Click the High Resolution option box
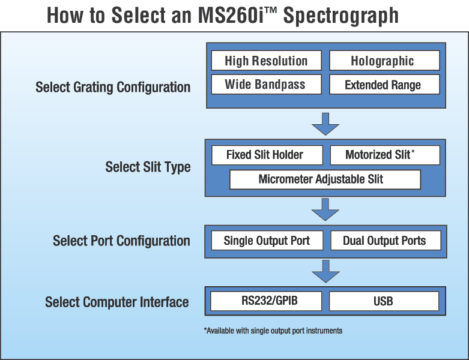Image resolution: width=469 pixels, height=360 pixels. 266,61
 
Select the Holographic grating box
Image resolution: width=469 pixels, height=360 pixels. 384,61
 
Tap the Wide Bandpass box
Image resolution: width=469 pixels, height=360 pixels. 266,85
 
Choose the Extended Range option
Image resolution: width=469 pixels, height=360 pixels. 384,85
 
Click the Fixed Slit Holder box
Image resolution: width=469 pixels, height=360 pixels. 267,155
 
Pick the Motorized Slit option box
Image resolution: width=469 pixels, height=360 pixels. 385,155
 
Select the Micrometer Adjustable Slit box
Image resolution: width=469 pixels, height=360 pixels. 325,179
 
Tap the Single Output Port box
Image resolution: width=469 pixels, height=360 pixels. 267,241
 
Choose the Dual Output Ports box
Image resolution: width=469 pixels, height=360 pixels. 386,241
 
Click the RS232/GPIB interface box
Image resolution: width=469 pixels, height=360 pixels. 266,301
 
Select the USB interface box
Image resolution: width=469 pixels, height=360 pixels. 384,301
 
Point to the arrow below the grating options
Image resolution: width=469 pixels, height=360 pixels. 325,124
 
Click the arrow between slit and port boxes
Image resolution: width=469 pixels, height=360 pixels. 325,209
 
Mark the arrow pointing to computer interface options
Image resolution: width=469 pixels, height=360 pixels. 325,271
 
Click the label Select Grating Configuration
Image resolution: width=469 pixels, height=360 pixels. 113,88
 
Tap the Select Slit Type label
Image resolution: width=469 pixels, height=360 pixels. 148,167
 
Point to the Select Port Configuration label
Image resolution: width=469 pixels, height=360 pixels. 121,241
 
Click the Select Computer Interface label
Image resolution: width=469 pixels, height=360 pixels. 117,302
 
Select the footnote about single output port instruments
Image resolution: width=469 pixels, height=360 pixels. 273,331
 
